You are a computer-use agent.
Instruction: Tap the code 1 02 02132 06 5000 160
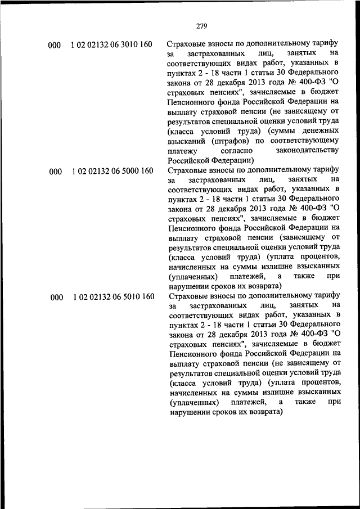click(112, 171)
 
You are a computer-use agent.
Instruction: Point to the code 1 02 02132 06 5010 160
click(112, 297)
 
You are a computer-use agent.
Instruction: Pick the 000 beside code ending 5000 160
click(55, 172)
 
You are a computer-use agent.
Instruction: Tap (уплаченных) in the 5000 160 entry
click(192, 277)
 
